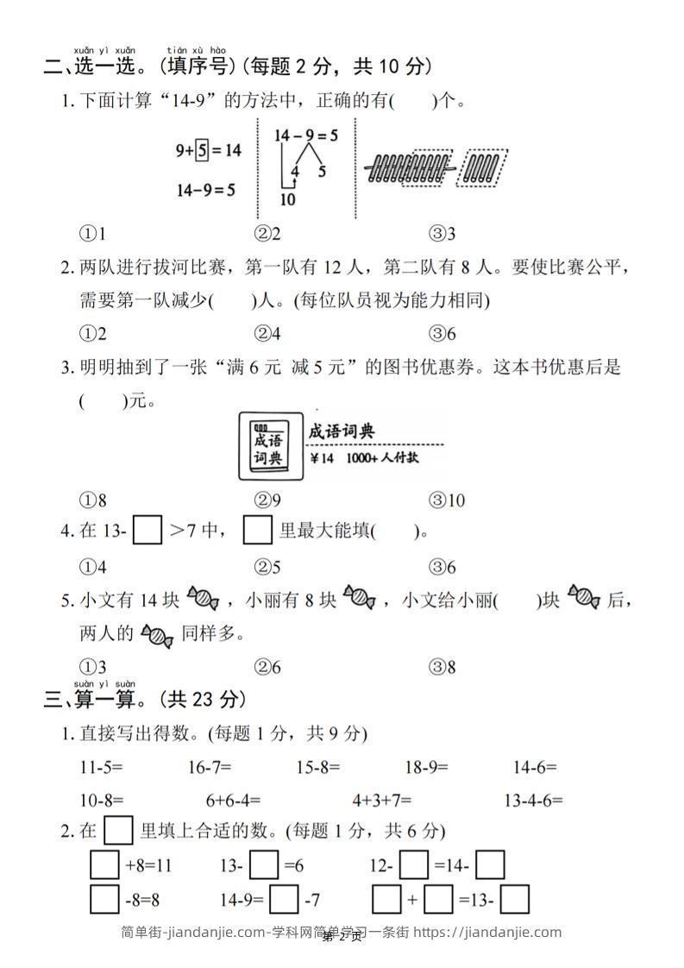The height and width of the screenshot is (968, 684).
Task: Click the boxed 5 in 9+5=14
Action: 202,150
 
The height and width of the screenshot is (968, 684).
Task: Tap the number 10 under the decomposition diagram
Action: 288,199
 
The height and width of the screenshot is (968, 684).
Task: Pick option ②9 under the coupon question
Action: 267,500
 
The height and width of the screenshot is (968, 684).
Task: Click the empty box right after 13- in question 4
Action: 147,531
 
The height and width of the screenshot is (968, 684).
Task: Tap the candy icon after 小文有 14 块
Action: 204,597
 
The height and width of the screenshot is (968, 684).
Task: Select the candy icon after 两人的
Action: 157,636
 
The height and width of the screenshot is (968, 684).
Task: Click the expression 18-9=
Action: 426,766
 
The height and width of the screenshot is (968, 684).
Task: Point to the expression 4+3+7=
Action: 381,800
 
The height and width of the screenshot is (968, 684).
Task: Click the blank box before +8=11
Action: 104,865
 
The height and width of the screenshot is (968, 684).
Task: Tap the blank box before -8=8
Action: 104,901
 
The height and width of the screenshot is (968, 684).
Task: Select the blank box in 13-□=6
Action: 267,865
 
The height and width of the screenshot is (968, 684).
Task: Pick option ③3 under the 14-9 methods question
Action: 442,234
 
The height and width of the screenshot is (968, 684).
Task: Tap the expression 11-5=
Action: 101,766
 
